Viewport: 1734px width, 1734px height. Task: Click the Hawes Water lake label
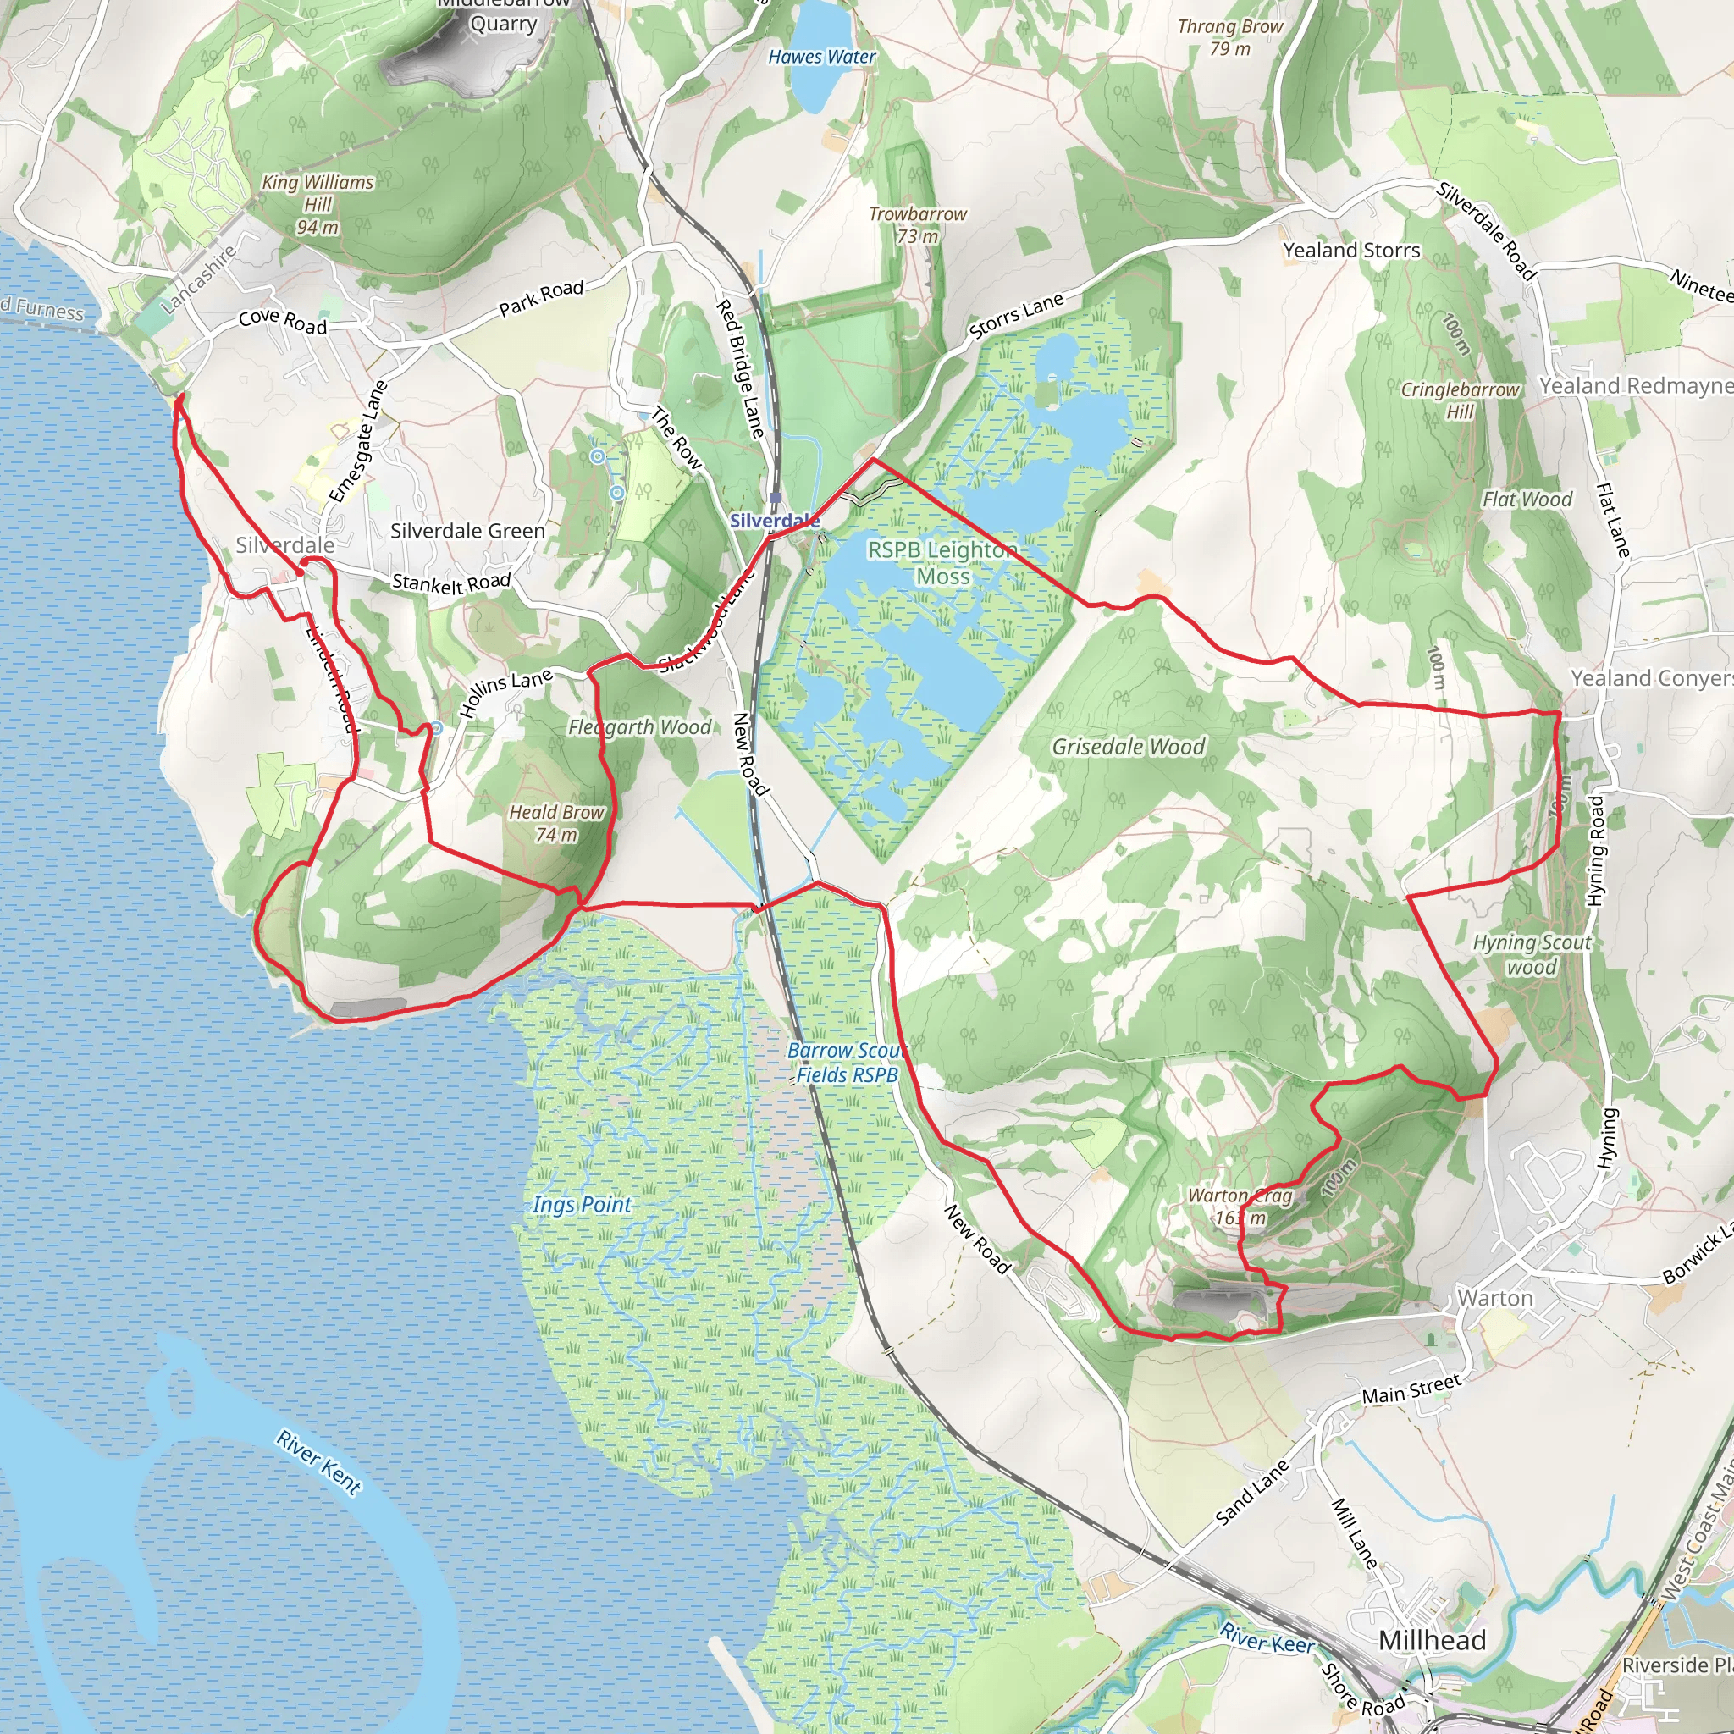[821, 58]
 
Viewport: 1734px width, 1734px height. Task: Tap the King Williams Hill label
[318, 205]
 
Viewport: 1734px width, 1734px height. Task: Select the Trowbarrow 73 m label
[917, 224]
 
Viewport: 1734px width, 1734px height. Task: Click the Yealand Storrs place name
[1350, 251]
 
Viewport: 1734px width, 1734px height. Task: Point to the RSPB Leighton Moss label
[942, 563]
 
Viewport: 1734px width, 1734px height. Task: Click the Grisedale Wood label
[1128, 747]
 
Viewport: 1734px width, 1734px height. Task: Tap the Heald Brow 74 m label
[556, 823]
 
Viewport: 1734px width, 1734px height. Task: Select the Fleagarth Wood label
[639, 727]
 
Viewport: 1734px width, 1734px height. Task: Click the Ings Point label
[582, 1205]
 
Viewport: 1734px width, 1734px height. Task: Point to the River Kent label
[318, 1462]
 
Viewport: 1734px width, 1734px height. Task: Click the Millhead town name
[1432, 1641]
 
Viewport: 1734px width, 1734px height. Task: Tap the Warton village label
[1494, 1298]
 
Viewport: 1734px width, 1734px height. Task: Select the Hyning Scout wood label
[1532, 954]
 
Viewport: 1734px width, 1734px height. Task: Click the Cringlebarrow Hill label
[1461, 400]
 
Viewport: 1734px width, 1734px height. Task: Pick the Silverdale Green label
[467, 532]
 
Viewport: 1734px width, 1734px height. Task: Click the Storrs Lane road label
[1016, 316]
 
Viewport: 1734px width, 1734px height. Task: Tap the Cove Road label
[283, 320]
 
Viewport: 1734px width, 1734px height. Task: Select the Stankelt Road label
[450, 583]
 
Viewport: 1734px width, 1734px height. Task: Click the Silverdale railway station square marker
[776, 498]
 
